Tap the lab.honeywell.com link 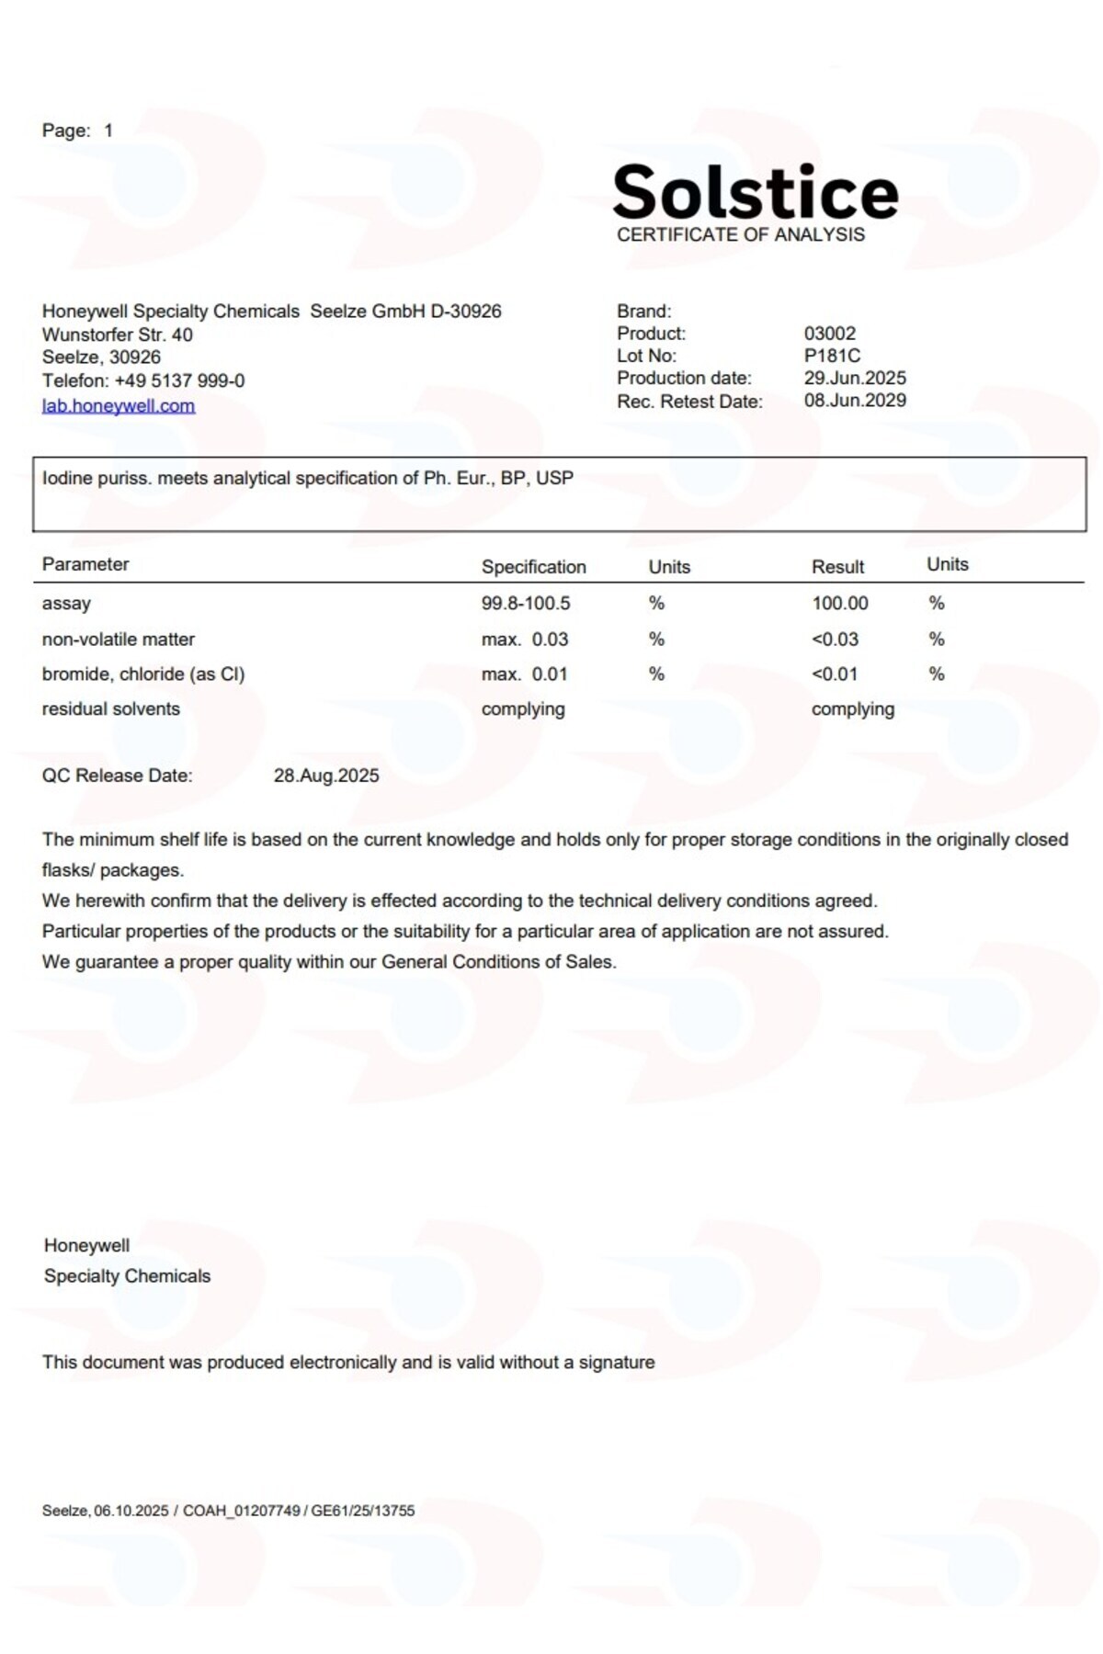(119, 405)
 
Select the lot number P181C (832, 356)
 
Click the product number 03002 (829, 334)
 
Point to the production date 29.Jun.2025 (855, 378)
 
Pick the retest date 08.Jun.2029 (855, 401)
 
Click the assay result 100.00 (839, 603)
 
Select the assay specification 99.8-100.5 (526, 603)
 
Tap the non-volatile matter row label (119, 639)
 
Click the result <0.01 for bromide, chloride (834, 674)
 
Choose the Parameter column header (85, 564)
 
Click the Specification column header (533, 567)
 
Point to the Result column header (837, 567)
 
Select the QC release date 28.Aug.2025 (326, 776)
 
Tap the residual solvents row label (111, 708)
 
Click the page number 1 (108, 130)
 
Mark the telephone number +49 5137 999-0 (179, 380)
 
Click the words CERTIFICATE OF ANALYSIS (740, 234)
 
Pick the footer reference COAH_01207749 (242, 1511)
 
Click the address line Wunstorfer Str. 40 (118, 334)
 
